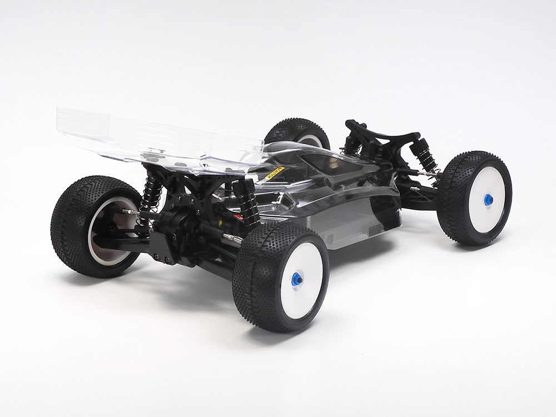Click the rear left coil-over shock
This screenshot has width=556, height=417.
coord(151,189)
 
